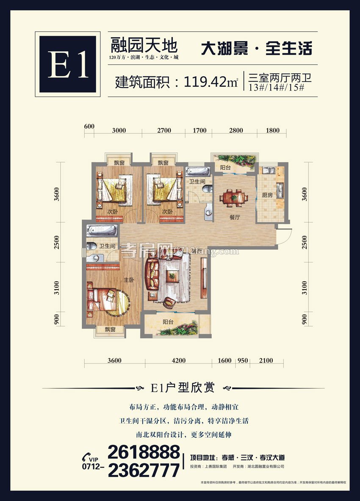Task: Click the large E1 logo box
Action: click(x=68, y=64)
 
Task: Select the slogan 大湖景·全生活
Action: click(x=256, y=48)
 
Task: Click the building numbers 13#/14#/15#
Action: click(x=274, y=88)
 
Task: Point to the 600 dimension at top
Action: click(x=89, y=127)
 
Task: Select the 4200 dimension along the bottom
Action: click(x=178, y=361)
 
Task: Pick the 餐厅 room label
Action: click(x=235, y=217)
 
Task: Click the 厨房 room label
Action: click(x=267, y=195)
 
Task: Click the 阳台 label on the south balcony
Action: click(x=168, y=322)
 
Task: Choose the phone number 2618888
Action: click(x=144, y=452)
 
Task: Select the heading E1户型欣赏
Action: click(x=183, y=387)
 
